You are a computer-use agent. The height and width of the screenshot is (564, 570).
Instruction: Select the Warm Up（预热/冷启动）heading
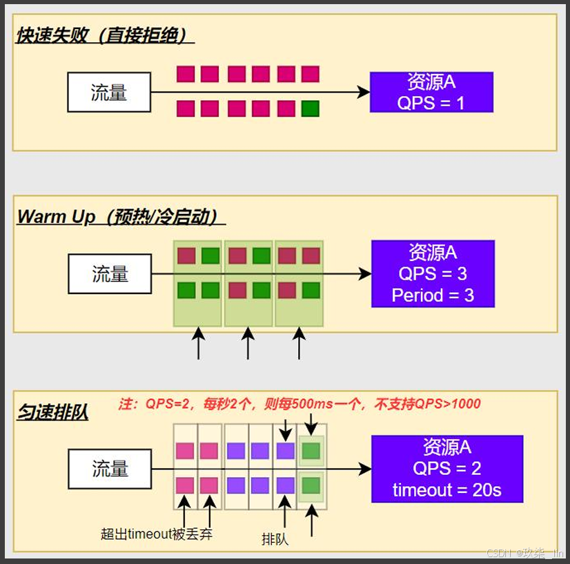[x=121, y=217]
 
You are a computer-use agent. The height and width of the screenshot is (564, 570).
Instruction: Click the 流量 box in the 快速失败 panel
[x=109, y=93]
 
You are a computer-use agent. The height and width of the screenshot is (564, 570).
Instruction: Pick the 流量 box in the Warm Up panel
[x=110, y=274]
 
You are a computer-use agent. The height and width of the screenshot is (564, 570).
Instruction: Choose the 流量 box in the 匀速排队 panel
[x=110, y=469]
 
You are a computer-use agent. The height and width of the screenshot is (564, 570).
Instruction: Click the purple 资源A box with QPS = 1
[x=431, y=93]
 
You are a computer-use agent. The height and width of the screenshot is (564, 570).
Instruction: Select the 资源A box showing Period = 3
[x=433, y=273]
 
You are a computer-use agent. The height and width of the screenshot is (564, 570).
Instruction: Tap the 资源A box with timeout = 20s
[x=446, y=469]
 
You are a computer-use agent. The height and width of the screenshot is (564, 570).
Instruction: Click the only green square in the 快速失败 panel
[x=310, y=108]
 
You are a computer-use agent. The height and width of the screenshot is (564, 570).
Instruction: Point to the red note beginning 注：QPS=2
[x=299, y=405]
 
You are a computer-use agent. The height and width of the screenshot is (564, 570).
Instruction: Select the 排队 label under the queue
[x=275, y=539]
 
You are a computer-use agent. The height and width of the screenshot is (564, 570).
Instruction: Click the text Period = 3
[x=433, y=295]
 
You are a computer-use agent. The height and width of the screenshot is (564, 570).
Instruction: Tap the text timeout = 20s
[x=446, y=491]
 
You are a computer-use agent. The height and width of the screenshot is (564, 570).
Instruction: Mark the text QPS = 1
[x=431, y=103]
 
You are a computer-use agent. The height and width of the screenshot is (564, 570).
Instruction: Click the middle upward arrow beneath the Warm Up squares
[x=248, y=343]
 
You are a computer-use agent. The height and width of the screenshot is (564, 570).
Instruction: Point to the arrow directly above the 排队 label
[x=285, y=513]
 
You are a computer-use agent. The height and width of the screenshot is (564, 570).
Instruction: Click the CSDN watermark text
[x=525, y=554]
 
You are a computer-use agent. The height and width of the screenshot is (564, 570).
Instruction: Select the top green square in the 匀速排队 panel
[x=311, y=451]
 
